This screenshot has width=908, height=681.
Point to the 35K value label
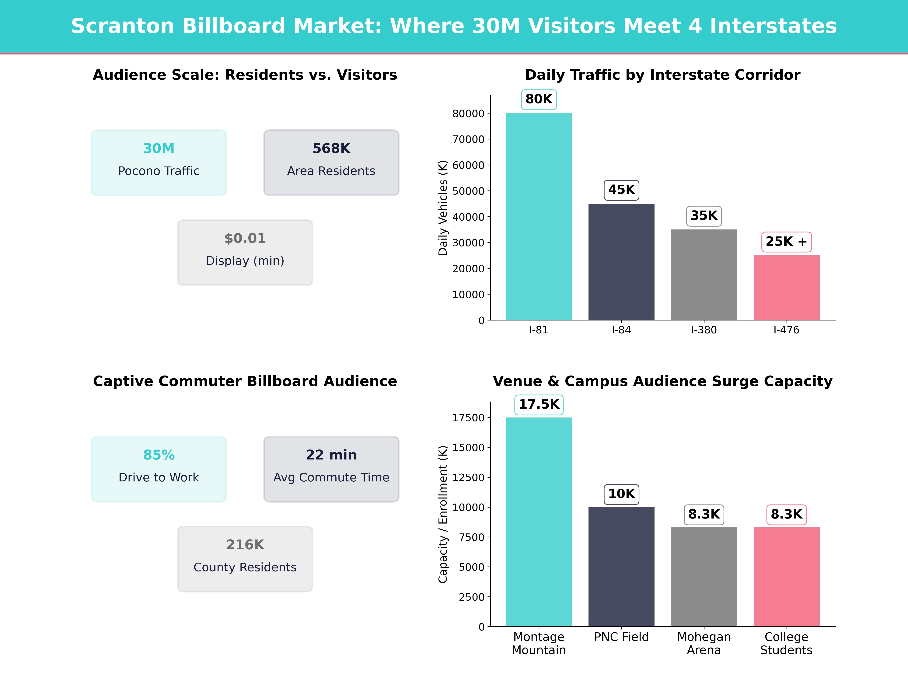[x=704, y=215]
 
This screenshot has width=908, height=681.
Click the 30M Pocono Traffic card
[x=159, y=162]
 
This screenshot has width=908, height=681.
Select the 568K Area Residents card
[x=331, y=162]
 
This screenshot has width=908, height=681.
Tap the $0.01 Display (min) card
[x=245, y=253]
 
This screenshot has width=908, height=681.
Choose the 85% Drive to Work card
[x=159, y=469]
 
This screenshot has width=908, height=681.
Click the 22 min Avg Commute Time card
[x=331, y=469]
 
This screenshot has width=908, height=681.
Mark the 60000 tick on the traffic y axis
[x=468, y=165]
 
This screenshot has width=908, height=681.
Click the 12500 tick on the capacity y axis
[x=468, y=477]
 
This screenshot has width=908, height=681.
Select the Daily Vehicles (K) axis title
[x=442, y=208]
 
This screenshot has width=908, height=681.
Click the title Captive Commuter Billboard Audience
[x=245, y=381]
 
